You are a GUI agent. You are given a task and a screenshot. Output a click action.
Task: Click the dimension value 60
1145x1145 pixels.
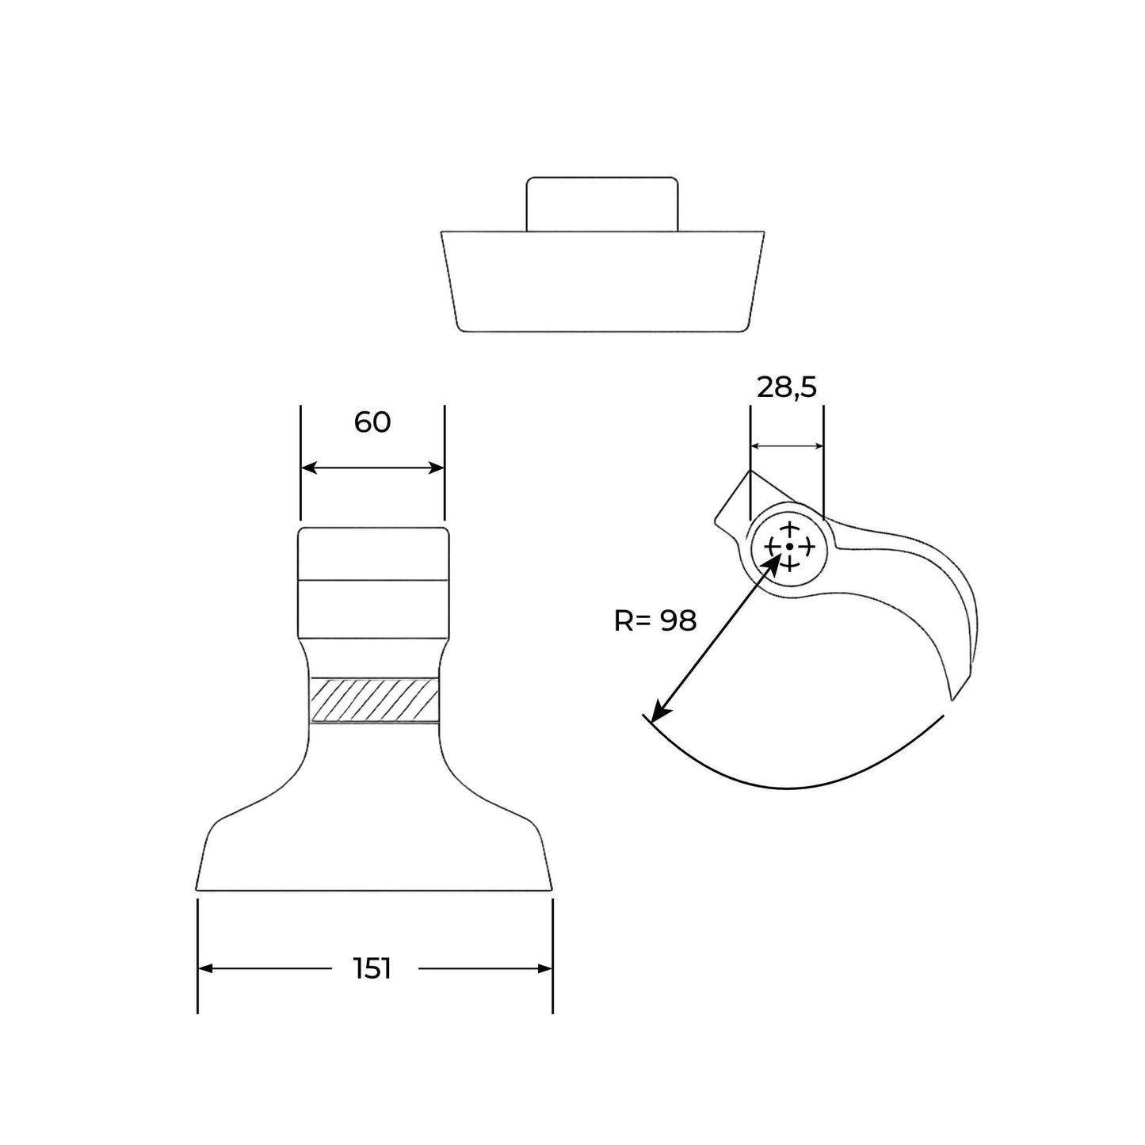[372, 422]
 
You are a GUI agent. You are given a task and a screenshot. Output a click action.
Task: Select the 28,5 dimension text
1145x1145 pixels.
[787, 388]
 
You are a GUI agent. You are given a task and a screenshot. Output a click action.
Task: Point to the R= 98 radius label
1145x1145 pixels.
[655, 621]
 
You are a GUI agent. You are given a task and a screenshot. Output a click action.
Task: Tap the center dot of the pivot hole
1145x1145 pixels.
[788, 546]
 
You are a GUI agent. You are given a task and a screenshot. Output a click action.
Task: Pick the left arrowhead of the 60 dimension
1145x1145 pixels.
[309, 468]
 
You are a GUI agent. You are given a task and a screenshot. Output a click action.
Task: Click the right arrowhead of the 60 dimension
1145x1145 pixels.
[436, 468]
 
